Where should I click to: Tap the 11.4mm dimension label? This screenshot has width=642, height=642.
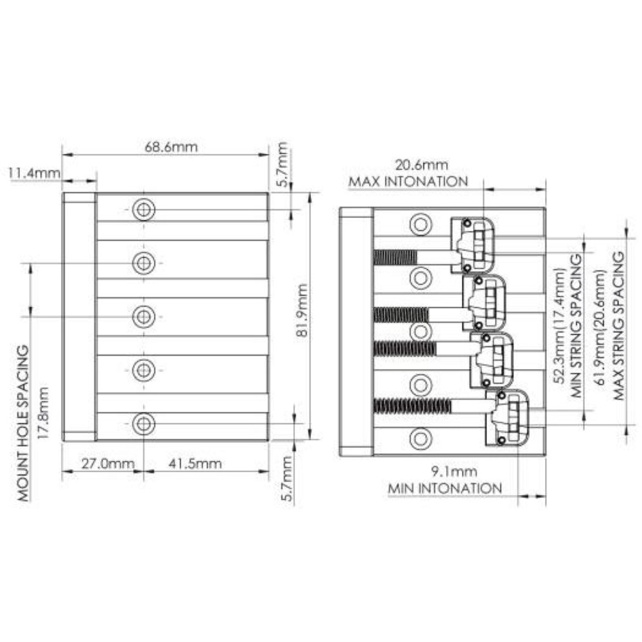(x=34, y=173)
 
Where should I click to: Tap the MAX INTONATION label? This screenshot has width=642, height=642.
(x=408, y=182)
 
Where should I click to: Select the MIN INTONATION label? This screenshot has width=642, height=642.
(x=445, y=489)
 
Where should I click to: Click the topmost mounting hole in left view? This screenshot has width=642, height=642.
(x=144, y=209)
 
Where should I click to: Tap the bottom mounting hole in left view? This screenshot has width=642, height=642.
(x=144, y=423)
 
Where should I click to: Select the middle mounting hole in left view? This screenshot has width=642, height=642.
(x=144, y=316)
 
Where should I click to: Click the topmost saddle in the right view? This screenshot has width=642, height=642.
(x=473, y=245)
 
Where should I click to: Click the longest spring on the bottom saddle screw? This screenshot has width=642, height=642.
(x=412, y=406)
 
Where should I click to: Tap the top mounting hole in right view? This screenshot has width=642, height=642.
(x=421, y=224)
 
